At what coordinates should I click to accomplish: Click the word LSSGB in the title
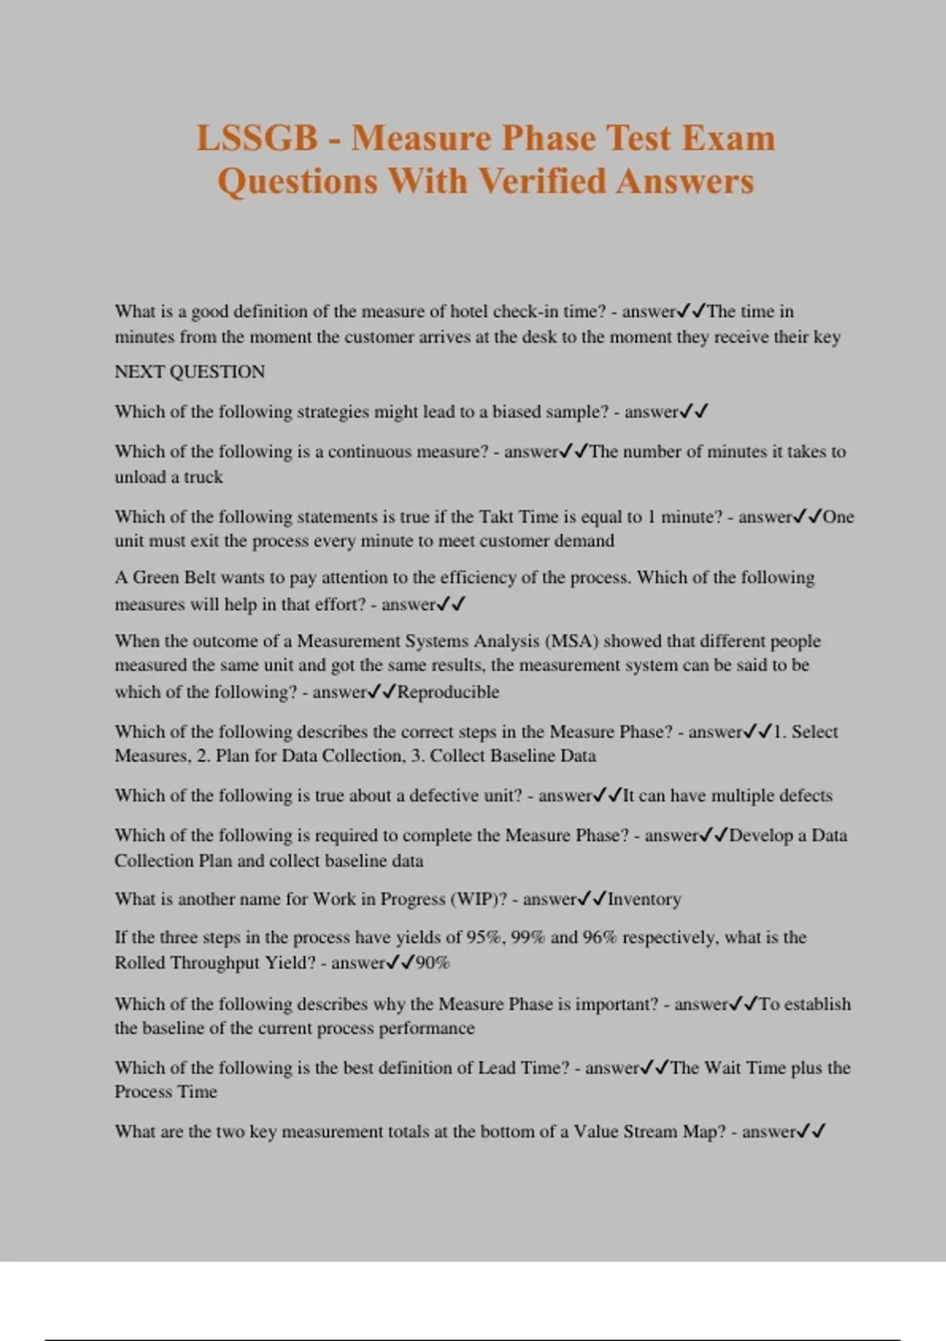tap(256, 138)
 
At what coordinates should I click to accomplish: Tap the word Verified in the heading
tap(544, 181)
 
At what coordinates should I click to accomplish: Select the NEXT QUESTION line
tap(189, 372)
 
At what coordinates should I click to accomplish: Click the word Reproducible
tap(448, 692)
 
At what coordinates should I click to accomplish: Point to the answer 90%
tap(432, 962)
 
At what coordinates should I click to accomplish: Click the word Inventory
tap(644, 899)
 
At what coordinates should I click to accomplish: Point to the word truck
tap(203, 476)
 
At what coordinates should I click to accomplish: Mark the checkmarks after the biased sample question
tap(695, 411)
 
